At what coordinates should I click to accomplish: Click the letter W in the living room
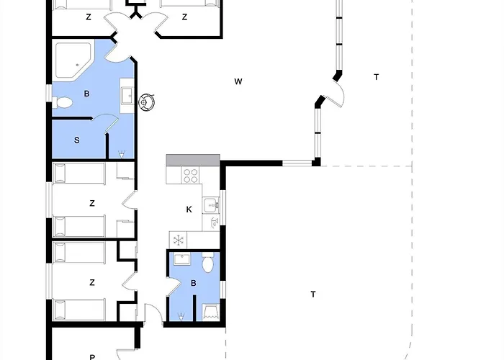238,81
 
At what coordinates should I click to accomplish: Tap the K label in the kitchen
189,210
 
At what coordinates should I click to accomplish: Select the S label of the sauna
77,140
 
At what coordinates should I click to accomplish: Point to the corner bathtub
73,60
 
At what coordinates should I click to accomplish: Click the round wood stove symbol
147,102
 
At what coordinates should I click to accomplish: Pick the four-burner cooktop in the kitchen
190,175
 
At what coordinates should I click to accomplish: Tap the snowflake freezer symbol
178,240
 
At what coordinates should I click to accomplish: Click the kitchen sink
211,205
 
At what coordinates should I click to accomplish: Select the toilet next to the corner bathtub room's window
63,103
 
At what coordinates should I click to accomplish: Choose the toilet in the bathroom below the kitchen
208,263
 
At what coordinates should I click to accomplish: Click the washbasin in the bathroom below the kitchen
182,258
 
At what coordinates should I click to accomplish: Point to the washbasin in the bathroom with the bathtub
127,96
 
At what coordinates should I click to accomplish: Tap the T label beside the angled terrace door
376,77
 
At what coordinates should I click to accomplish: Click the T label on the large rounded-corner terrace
313,294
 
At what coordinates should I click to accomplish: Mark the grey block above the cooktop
193,160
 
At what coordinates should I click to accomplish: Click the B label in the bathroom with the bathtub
86,94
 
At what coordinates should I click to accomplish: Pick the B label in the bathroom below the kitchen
194,283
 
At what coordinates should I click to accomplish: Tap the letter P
92,357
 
